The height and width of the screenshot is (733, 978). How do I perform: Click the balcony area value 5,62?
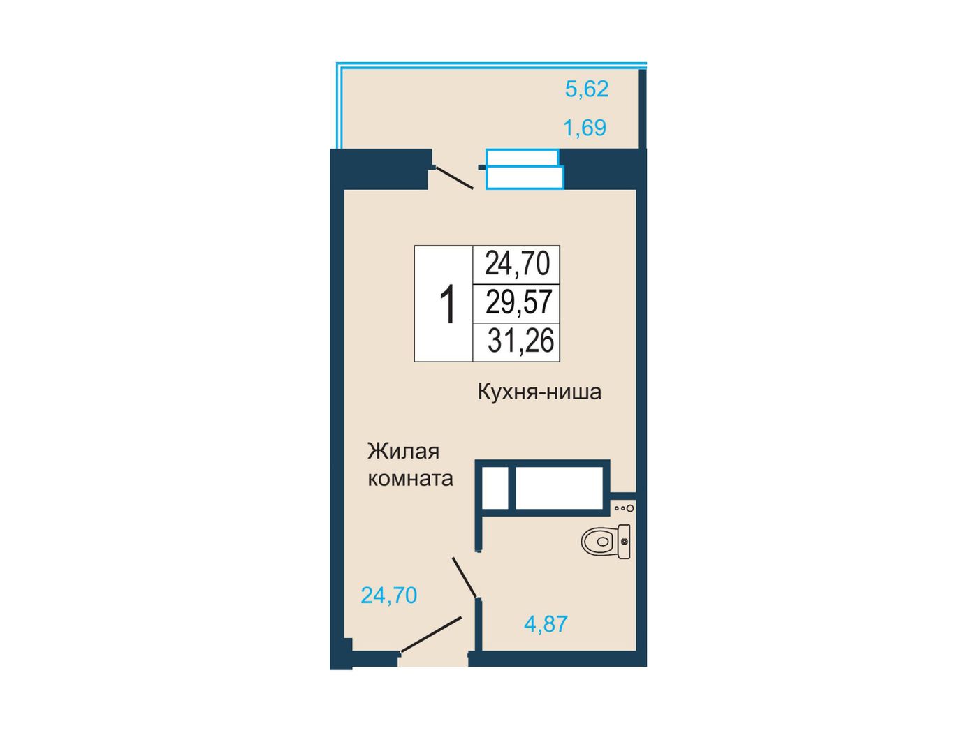586,89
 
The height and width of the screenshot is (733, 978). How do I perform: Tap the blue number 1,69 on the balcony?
585,128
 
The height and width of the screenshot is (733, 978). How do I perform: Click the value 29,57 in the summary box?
518,302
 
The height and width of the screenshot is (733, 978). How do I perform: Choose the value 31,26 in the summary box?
520,341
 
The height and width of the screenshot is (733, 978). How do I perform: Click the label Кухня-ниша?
539,392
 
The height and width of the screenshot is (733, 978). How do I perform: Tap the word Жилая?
403,451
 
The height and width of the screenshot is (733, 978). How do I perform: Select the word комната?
410,479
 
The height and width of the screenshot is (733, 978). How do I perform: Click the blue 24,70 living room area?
388,595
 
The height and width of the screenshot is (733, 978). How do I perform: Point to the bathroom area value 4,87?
546,624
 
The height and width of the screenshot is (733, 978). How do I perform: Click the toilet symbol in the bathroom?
606,541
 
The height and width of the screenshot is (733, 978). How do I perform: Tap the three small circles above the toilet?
624,508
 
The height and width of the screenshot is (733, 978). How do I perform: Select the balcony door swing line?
454,178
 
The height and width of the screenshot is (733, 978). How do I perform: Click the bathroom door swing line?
465,577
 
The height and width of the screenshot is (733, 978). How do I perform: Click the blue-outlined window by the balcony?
525,169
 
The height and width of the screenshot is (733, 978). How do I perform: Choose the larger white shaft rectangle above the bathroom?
559,487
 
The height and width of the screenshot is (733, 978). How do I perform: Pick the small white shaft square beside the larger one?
495,487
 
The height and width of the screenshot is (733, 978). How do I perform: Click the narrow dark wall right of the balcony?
642,109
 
